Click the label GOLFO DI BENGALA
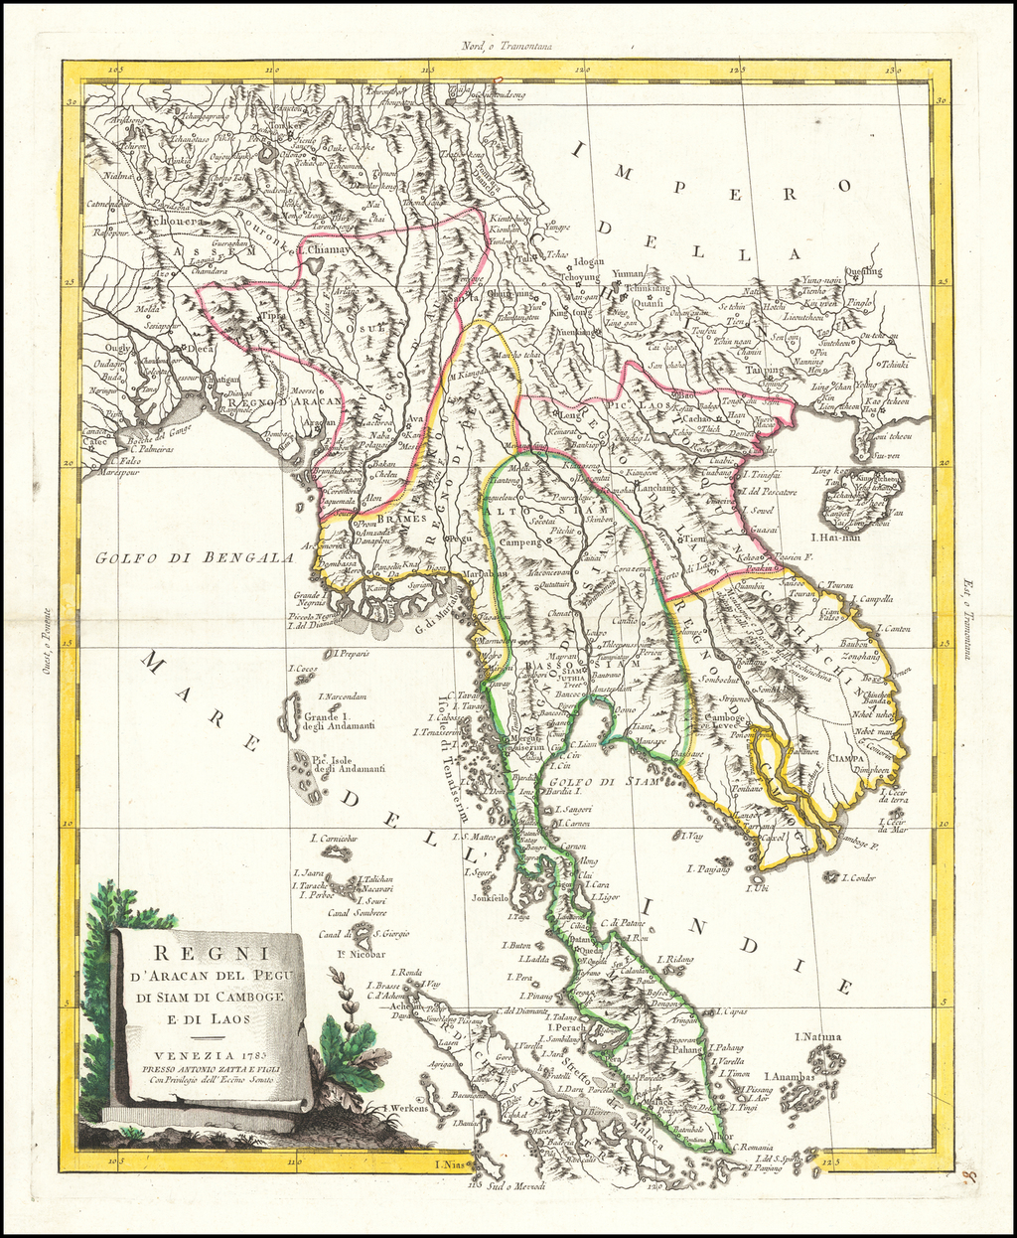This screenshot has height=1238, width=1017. coord(195,558)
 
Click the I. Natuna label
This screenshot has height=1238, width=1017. coord(817,1037)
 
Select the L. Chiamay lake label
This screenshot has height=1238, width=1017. coord(324,251)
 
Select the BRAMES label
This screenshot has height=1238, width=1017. coord(402,518)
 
